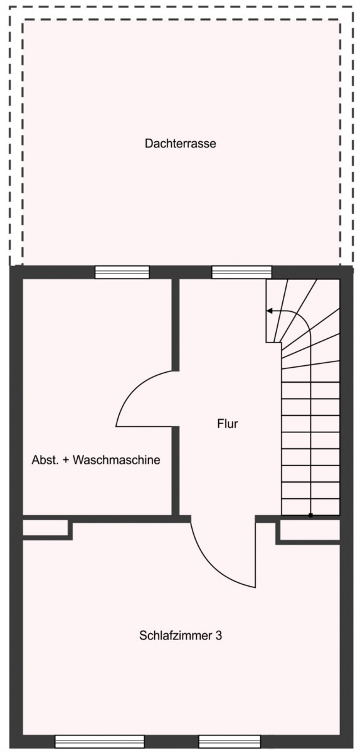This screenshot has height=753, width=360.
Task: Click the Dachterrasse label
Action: click(180, 144)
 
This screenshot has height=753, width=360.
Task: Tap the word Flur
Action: click(228, 424)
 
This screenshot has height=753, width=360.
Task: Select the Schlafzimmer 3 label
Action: click(181, 635)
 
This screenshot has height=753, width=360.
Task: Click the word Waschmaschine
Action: click(116, 459)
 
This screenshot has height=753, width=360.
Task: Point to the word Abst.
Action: click(45, 459)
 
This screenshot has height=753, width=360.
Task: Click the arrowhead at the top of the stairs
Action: click(270, 311)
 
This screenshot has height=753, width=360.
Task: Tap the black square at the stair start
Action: click(310, 515)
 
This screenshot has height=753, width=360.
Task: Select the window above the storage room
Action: click(122, 272)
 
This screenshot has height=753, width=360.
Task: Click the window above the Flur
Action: click(241, 272)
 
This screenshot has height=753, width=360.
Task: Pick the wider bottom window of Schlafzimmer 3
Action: click(100, 742)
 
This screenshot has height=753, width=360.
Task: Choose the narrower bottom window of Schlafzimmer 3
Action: click(230, 742)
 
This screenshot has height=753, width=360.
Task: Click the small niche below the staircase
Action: click(310, 530)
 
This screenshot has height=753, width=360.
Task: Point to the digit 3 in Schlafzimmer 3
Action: click(218, 635)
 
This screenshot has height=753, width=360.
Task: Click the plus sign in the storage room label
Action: click(66, 460)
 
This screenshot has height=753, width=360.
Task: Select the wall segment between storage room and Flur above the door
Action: click(176, 325)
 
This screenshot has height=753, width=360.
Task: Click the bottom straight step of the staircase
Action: click(310, 507)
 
